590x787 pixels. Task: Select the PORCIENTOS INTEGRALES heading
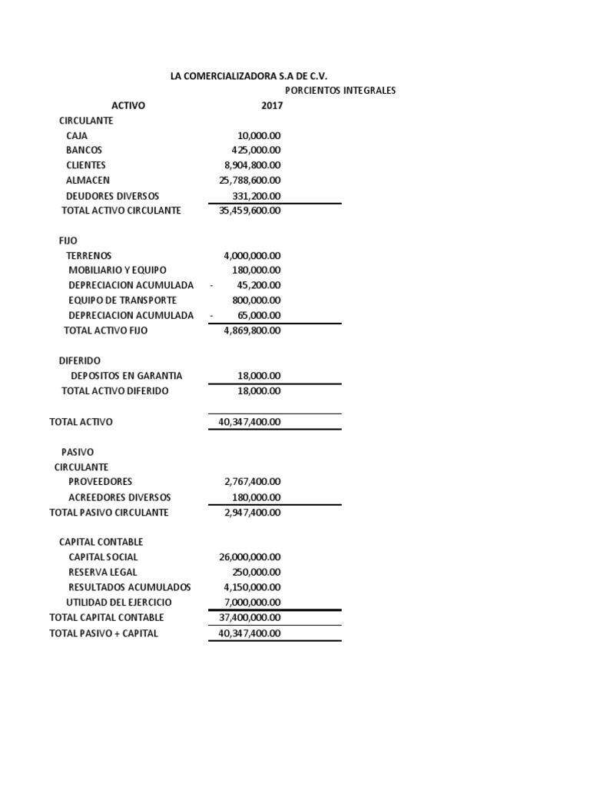pyautogui.click(x=340, y=91)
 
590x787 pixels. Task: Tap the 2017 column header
pyautogui.click(x=272, y=105)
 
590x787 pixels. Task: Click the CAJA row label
pyautogui.click(x=77, y=135)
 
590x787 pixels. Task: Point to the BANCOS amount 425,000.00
pyautogui.click(x=256, y=150)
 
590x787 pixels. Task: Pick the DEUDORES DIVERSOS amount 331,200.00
pyautogui.click(x=256, y=196)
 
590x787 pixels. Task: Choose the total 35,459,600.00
pyautogui.click(x=250, y=211)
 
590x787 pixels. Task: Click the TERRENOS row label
pyautogui.click(x=89, y=255)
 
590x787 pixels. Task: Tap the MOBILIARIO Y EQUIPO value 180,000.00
pyautogui.click(x=256, y=271)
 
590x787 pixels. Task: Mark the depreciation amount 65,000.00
pyautogui.click(x=259, y=315)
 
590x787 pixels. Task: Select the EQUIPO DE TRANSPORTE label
pyautogui.click(x=122, y=301)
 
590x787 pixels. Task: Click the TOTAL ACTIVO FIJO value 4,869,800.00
pyautogui.click(x=252, y=330)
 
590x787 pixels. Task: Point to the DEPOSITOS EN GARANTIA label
pyautogui.click(x=127, y=376)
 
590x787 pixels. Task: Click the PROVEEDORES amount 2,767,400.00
pyautogui.click(x=252, y=482)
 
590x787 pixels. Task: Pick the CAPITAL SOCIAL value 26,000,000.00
pyautogui.click(x=250, y=557)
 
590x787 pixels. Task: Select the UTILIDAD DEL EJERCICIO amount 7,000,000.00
pyautogui.click(x=252, y=603)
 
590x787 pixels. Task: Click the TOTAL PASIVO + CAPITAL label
pyautogui.click(x=104, y=633)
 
